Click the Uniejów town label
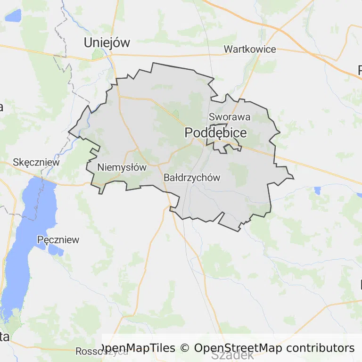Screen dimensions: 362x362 click(x=107, y=42)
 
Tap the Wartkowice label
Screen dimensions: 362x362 click(x=250, y=49)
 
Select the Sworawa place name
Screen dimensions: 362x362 click(x=230, y=117)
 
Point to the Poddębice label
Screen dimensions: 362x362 click(x=215, y=133)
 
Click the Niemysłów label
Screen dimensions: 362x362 click(x=122, y=167)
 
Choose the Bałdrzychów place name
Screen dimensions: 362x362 click(x=192, y=178)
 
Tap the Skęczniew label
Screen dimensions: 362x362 click(x=37, y=162)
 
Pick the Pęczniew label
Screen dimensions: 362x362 click(x=58, y=239)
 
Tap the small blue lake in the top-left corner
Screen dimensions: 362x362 click(x=13, y=16)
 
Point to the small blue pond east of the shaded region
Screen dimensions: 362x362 click(x=317, y=190)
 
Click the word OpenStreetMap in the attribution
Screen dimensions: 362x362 click(x=238, y=348)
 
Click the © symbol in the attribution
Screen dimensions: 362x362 click(x=184, y=348)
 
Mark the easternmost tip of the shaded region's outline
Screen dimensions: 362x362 click(x=294, y=178)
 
